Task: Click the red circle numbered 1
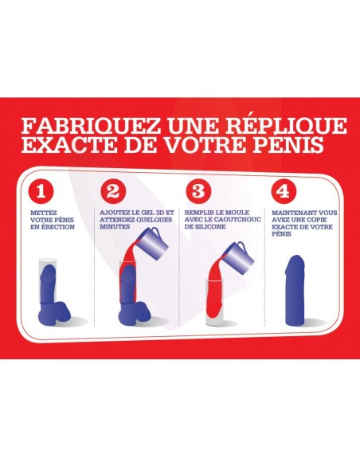[41, 192]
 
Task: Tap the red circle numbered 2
[113, 192]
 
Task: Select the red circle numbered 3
[198, 192]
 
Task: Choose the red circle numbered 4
[284, 192]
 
